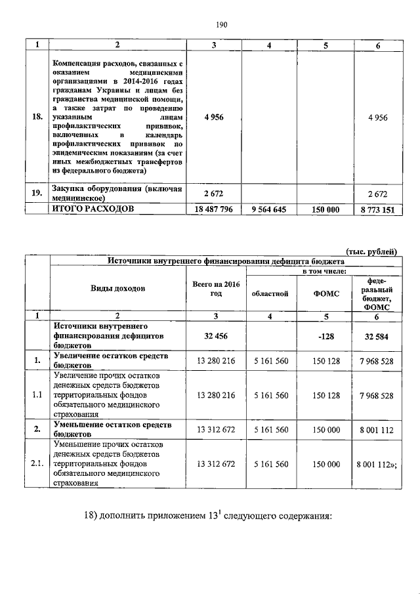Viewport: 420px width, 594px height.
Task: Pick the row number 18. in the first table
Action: (x=37, y=117)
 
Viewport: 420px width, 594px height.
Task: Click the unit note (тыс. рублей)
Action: (x=371, y=251)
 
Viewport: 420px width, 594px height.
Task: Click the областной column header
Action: (x=270, y=293)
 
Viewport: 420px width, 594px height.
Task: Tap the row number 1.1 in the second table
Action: (x=37, y=395)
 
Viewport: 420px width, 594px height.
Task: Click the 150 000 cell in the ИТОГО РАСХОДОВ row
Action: (x=324, y=209)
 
